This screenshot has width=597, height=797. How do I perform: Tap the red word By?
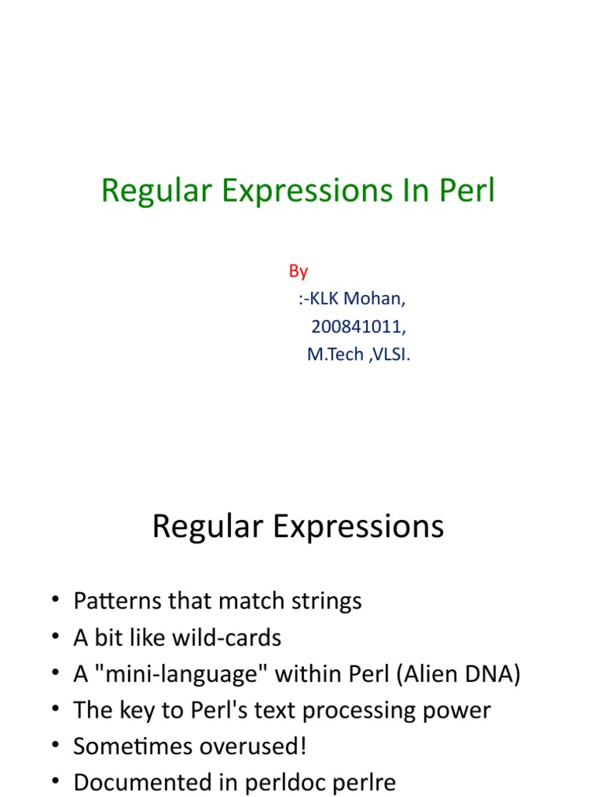pos(298,271)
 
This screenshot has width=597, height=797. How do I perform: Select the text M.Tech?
pos(335,355)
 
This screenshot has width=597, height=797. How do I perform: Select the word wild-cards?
pos(232,638)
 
